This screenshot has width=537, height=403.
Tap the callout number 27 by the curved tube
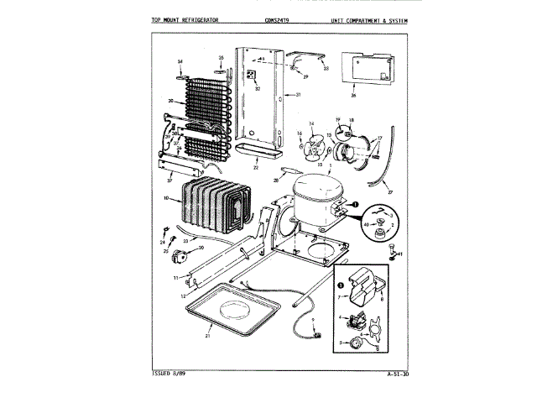(389, 191)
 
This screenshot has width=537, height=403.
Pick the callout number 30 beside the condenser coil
(170, 102)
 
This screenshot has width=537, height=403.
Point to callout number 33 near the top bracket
(326, 68)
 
